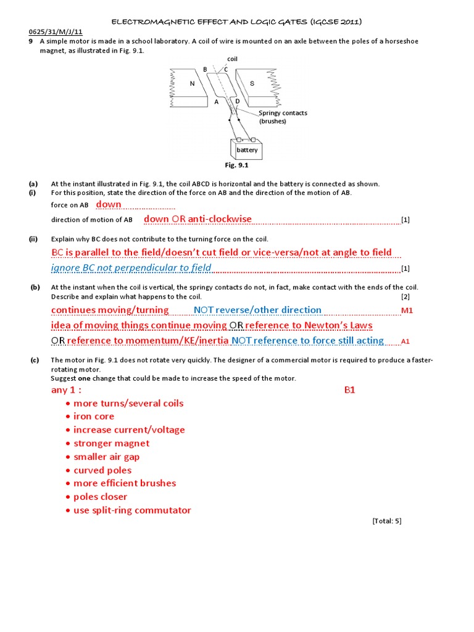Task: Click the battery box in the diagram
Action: pyautogui.click(x=247, y=149)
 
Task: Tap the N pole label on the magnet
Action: pyautogui.click(x=192, y=83)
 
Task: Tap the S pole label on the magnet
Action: pyautogui.click(x=252, y=83)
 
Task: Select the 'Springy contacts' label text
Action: pyautogui.click(x=283, y=113)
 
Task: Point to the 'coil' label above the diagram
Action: pyautogui.click(x=233, y=59)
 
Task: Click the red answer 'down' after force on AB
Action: pyautogui.click(x=109, y=204)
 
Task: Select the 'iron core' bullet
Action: pyautogui.click(x=94, y=417)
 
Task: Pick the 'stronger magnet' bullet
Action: pyautogui.click(x=111, y=443)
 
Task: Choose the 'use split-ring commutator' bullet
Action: pyautogui.click(x=132, y=510)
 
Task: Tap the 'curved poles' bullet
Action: pyautogui.click(x=102, y=470)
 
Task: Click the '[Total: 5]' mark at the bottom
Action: pyautogui.click(x=387, y=521)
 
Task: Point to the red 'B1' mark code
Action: pyautogui.click(x=349, y=390)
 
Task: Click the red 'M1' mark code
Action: pyautogui.click(x=407, y=310)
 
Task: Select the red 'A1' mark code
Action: pyautogui.click(x=405, y=341)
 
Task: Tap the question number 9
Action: pyautogui.click(x=30, y=41)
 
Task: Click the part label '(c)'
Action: pyautogui.click(x=34, y=360)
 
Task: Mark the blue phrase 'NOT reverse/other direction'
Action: pyautogui.click(x=257, y=310)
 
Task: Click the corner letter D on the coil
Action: pyautogui.click(x=237, y=101)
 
